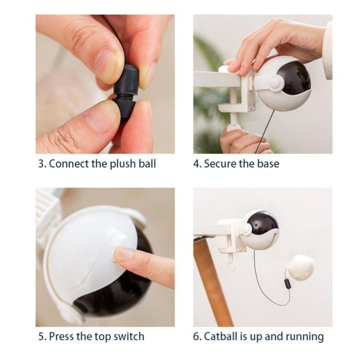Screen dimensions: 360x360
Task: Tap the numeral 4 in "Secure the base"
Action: [x=196, y=163]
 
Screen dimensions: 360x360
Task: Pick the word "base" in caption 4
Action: [x=268, y=163]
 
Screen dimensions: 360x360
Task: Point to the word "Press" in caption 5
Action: [x=61, y=336]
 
